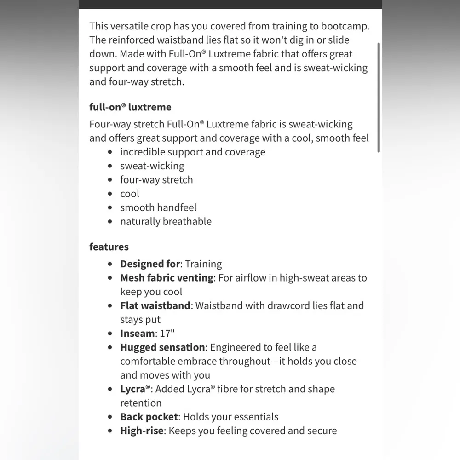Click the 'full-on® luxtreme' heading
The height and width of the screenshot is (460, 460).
[130, 107]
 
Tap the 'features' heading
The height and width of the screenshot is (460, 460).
[109, 247]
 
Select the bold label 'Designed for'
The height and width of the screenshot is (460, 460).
[150, 264]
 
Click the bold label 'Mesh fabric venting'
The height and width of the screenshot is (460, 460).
[167, 278]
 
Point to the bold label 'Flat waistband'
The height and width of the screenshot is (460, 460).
[155, 305]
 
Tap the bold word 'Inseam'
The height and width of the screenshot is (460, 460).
[137, 333]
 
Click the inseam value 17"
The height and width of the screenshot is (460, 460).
[167, 333]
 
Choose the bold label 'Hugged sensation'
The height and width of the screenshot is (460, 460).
[162, 347]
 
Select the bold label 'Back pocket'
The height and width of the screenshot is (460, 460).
[149, 417]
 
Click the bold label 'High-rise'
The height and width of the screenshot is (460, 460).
[142, 431]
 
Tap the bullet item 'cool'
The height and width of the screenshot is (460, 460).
[130, 194]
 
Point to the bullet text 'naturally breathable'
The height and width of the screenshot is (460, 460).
[166, 221]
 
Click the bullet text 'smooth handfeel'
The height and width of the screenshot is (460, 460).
[158, 207]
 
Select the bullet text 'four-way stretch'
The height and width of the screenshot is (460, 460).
[156, 180]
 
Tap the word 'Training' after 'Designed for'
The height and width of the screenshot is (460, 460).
[203, 264]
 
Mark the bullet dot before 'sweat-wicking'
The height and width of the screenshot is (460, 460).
[109, 166]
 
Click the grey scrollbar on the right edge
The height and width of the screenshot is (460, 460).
[379, 97]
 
